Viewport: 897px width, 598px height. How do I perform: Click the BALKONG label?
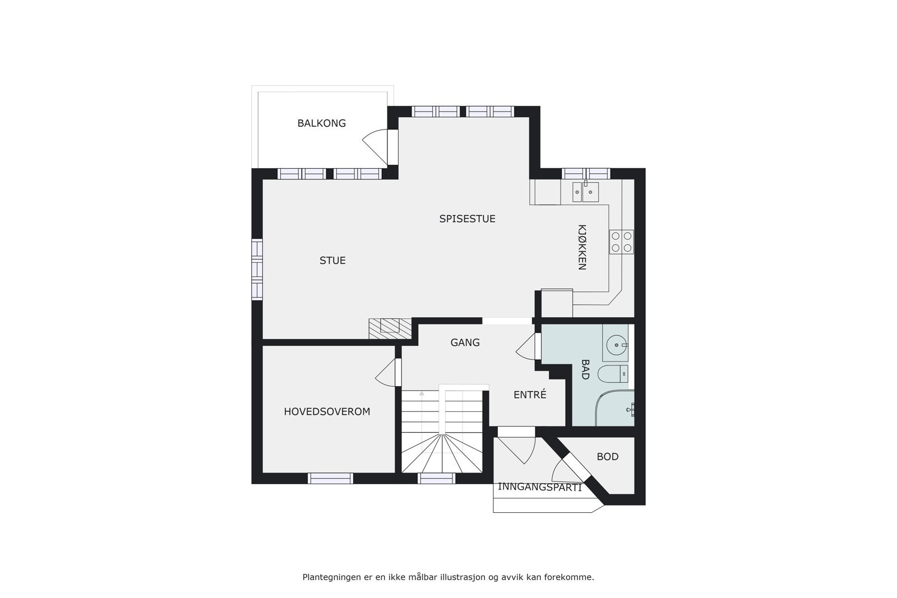(x=321, y=123)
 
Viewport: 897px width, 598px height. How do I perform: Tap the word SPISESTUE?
(x=467, y=219)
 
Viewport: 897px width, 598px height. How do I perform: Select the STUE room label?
(x=332, y=261)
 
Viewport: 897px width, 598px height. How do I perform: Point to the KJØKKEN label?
(x=582, y=248)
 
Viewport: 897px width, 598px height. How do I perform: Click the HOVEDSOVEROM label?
(x=327, y=412)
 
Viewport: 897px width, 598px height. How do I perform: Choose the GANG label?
(x=465, y=342)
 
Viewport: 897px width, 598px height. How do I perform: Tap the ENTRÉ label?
(x=530, y=395)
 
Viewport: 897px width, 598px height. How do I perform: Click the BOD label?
(x=607, y=457)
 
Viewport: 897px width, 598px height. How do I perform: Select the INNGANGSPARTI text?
(x=539, y=487)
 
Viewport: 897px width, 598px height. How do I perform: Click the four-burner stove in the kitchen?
(x=621, y=242)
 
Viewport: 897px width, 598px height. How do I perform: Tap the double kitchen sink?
(x=585, y=192)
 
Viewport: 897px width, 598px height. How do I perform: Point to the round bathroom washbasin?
(x=616, y=343)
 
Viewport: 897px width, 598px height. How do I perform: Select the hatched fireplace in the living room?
(x=390, y=328)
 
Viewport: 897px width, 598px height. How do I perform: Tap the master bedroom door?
(x=387, y=373)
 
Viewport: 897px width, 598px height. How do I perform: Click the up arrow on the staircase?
(x=422, y=394)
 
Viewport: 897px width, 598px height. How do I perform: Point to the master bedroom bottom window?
(x=330, y=478)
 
